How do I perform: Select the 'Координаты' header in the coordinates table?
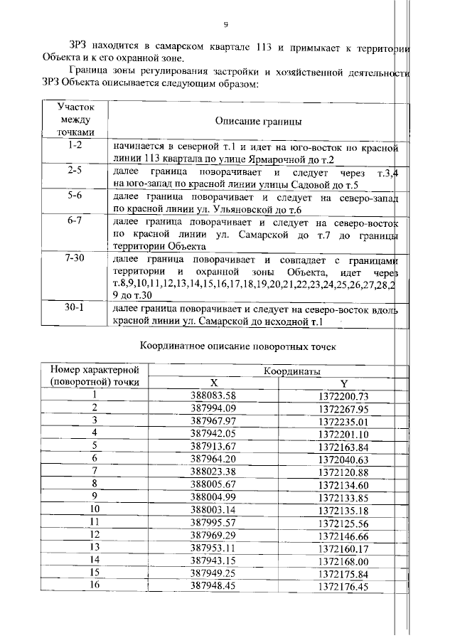[292, 371]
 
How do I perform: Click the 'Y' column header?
[343, 382]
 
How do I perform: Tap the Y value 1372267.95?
[343, 408]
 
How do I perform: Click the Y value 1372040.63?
[343, 459]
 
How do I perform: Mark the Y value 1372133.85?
[343, 497]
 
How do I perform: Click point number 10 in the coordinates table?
[93, 510]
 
